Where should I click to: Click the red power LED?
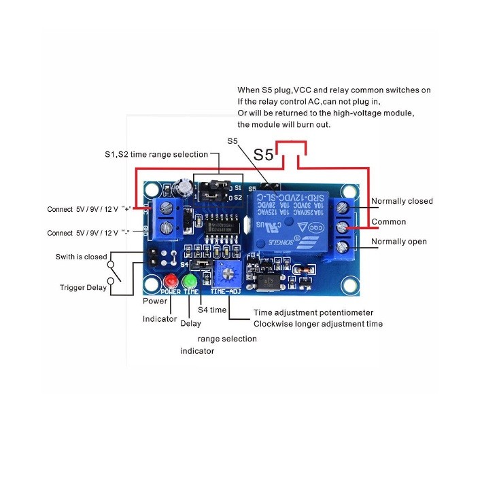pos(170,281)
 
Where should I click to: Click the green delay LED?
pos(191,281)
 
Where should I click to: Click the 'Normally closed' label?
pos(402,201)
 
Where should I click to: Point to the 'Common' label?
pos(389,222)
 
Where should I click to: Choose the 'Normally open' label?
pos(398,242)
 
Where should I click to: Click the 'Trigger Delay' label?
pos(83,287)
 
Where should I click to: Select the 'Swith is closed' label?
pos(81,257)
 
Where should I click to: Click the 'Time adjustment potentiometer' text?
pos(313,313)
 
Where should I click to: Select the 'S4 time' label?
pos(212,310)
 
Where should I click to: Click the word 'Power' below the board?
pos(155,301)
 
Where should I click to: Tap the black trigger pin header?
pos(156,257)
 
